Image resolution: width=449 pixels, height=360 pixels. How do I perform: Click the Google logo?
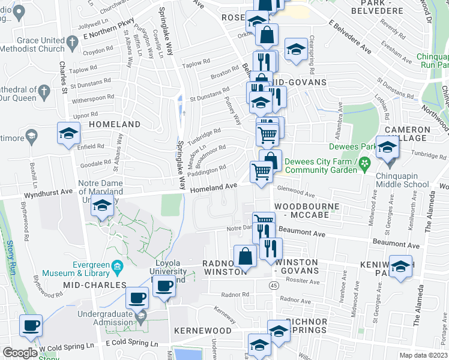[20, 353]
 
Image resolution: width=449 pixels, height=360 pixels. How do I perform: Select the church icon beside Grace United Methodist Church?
[73, 42]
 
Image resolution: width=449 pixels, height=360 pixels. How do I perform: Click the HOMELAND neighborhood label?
[114, 124]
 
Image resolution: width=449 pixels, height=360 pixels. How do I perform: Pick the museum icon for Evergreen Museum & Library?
[118, 265]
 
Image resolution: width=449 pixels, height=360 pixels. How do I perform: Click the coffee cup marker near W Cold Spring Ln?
[31, 326]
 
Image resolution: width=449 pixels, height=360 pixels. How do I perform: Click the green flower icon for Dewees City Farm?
[363, 163]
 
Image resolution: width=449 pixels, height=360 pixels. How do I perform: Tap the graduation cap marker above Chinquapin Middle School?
[387, 148]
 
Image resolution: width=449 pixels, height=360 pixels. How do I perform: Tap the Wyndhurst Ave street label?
[47, 195]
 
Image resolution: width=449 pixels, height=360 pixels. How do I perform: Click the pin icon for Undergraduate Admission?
[140, 319]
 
